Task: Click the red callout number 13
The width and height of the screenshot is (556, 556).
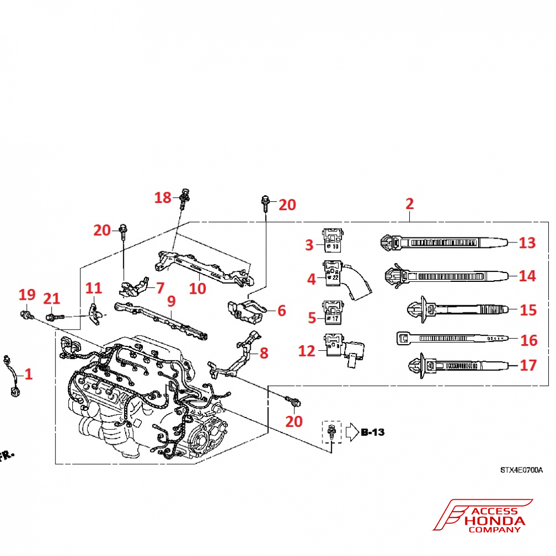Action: coord(527,242)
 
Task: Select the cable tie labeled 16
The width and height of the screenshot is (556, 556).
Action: coord(450,338)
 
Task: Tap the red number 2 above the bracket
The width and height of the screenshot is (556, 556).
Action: coord(410,203)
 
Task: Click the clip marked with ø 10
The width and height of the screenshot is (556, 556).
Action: coord(333,240)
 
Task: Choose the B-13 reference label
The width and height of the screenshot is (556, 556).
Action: coord(373,431)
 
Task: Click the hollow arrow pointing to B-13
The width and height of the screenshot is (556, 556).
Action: coord(351,432)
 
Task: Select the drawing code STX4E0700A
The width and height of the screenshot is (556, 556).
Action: coord(520,470)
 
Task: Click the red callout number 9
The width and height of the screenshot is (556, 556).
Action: coord(171,301)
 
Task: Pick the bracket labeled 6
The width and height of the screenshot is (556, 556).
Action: coord(246,310)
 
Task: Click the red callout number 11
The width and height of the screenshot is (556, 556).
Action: coord(94,288)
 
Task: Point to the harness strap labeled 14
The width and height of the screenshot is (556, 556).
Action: coord(445,275)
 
